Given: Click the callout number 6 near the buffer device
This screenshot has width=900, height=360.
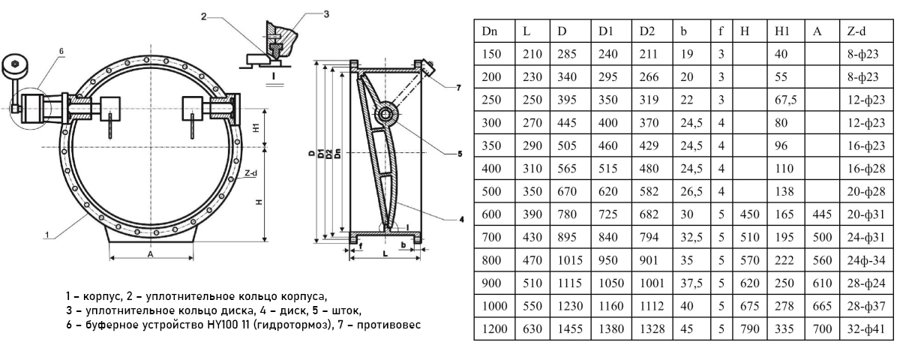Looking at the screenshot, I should (x=62, y=50).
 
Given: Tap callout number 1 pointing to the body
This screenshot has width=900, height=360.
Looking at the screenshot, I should (x=47, y=235).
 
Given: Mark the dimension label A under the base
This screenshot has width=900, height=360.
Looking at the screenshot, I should (x=151, y=253).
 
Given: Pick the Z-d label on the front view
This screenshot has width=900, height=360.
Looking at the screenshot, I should (x=251, y=172).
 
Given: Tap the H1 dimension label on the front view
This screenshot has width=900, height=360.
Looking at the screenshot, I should (x=256, y=127).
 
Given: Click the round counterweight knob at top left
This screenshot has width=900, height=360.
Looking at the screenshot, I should (x=13, y=66).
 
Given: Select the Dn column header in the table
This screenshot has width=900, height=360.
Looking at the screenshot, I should (x=490, y=32).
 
